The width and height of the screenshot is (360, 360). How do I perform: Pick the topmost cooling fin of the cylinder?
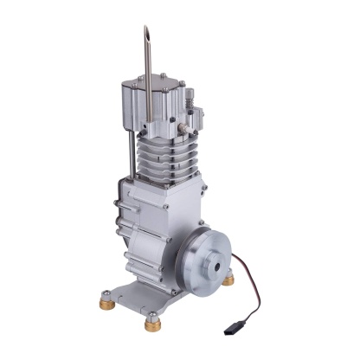pos(164,140)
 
